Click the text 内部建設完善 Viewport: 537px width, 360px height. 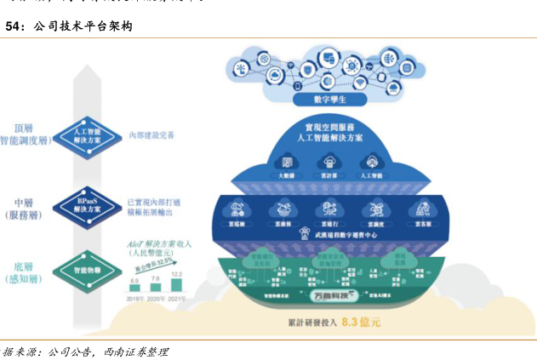[x=152, y=134]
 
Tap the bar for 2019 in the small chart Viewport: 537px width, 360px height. [x=134, y=291]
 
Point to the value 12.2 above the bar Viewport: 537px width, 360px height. [x=177, y=274]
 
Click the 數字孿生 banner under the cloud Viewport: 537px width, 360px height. [x=328, y=100]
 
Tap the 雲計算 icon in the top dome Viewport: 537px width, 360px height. [x=328, y=162]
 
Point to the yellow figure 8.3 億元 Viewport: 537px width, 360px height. [x=360, y=323]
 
